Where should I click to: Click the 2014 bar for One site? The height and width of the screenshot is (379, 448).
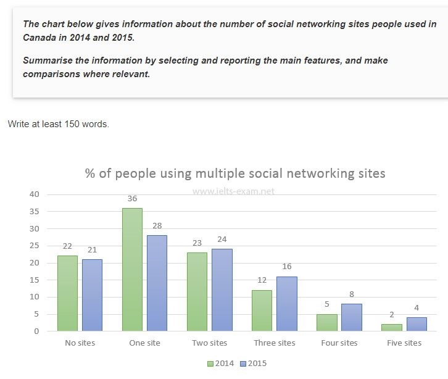132,269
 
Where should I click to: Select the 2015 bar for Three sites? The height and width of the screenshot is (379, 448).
287,303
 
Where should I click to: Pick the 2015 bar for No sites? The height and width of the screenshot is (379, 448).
92,295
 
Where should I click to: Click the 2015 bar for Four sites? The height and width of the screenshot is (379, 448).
351,317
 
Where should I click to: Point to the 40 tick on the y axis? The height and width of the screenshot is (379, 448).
33,194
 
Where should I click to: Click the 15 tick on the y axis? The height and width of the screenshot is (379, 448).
33,280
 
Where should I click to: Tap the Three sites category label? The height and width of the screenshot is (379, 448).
275,343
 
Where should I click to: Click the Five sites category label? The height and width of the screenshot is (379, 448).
404,343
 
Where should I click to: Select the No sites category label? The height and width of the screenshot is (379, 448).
80,343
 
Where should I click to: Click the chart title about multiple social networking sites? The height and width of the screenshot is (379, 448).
235,173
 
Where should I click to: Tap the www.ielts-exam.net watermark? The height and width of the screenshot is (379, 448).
233,191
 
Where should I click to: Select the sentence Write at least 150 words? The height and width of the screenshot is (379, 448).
59,124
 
